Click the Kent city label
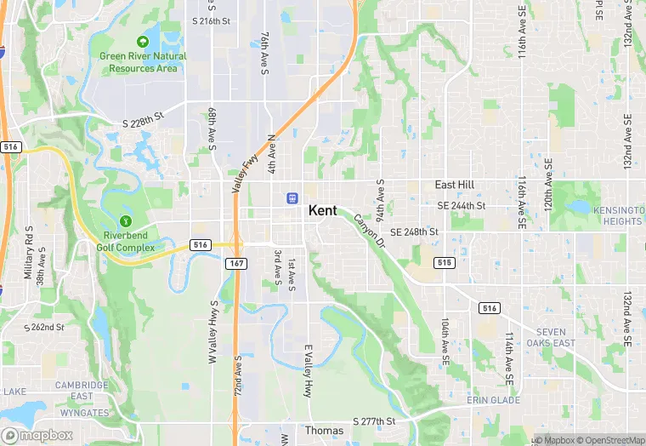point(322,210)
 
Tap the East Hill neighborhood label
point(455,185)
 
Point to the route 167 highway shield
point(236,265)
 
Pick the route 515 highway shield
point(442,263)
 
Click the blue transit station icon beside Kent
point(292,197)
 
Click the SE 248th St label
point(414,232)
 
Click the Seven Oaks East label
point(556,338)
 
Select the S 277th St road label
point(375,421)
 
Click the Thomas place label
point(324,432)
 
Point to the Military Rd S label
point(28,252)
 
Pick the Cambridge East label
point(82,391)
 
